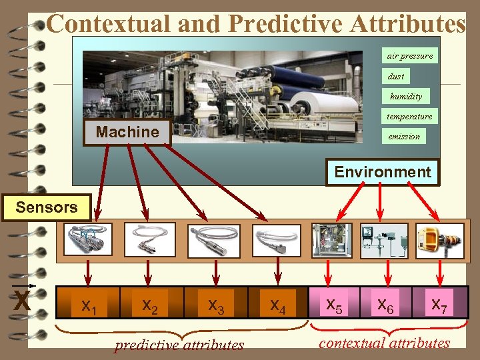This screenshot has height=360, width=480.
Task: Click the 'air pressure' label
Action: pyautogui.click(x=409, y=56)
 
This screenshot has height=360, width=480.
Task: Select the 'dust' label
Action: pyautogui.click(x=395, y=76)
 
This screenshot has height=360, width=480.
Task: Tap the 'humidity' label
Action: pyautogui.click(x=406, y=96)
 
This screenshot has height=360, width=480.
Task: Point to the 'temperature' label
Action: pyautogui.click(x=409, y=116)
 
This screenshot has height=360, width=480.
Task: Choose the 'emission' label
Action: pyautogui.click(x=404, y=136)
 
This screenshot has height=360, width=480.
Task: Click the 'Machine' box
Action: pyautogui.click(x=127, y=132)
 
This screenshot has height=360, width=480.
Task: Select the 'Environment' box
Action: pyautogui.click(x=383, y=172)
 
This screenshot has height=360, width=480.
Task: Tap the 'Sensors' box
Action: pyautogui.click(x=46, y=207)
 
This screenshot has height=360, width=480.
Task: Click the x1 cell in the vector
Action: pyautogui.click(x=88, y=307)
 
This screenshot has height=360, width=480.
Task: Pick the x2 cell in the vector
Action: pyautogui.click(x=150, y=306)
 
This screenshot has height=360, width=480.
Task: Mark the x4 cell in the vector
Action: pyautogui.click(x=277, y=306)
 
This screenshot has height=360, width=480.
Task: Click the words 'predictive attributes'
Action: pyautogui.click(x=179, y=345)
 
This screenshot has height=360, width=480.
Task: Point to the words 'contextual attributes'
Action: pyautogui.click(x=385, y=343)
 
